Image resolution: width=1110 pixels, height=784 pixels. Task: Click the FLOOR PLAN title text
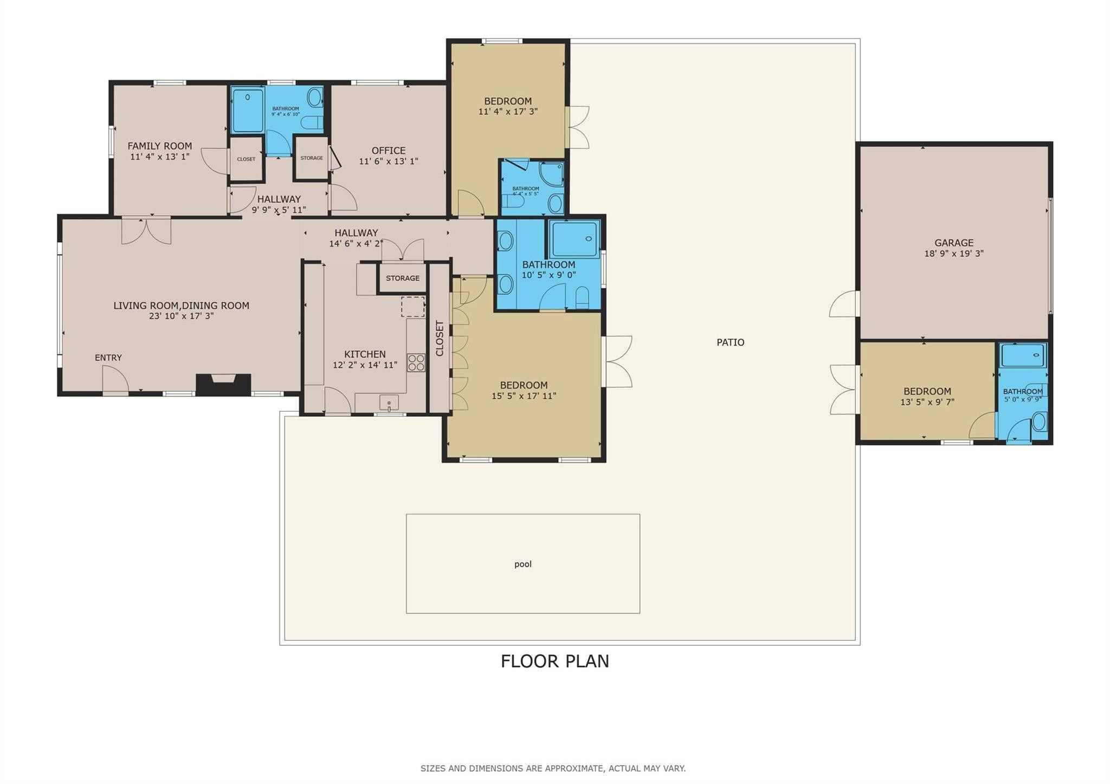(x=554, y=661)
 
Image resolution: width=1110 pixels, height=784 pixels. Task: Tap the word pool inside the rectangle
(x=522, y=564)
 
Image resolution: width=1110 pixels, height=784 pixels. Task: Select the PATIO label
(x=730, y=342)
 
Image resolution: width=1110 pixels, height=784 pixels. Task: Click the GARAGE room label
(x=953, y=243)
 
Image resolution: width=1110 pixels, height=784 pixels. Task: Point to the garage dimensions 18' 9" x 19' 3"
(x=953, y=254)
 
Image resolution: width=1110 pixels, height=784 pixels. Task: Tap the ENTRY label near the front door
(x=108, y=358)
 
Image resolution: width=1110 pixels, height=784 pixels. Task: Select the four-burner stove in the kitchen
(x=416, y=362)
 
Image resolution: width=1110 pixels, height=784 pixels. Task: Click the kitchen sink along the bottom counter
(x=389, y=403)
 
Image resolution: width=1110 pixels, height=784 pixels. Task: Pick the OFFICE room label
(x=388, y=151)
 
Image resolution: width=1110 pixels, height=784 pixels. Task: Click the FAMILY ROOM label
(x=159, y=146)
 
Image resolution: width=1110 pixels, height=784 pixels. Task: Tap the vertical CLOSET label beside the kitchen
(x=440, y=338)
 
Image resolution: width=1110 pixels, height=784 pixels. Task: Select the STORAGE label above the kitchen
(x=402, y=278)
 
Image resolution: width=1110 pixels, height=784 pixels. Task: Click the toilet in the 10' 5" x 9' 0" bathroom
(x=582, y=298)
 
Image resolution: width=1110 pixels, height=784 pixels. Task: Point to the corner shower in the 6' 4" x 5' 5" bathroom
(x=552, y=174)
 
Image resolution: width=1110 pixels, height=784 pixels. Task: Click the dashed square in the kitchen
(x=412, y=307)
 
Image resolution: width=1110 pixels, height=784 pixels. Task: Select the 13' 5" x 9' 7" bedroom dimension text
(x=927, y=402)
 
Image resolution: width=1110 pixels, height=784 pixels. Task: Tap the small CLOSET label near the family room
(x=246, y=159)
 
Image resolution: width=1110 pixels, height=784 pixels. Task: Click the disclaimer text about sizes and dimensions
(x=553, y=768)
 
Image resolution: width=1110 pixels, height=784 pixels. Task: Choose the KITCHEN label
(x=365, y=354)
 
